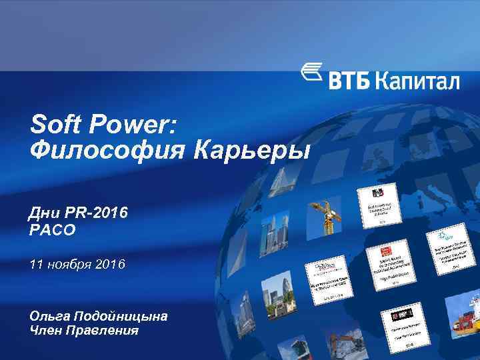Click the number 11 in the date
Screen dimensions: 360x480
(37, 265)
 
